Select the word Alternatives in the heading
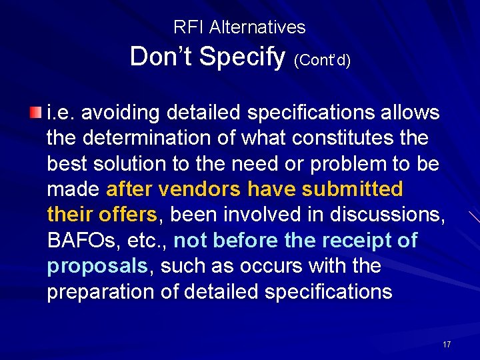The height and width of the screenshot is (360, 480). (x=257, y=27)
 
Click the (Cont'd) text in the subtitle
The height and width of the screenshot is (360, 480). (x=322, y=60)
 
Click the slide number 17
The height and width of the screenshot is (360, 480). (x=446, y=344)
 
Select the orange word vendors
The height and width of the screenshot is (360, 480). (x=200, y=189)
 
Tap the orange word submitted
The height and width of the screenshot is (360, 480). (x=352, y=189)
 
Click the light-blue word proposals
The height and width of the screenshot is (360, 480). (x=97, y=266)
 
